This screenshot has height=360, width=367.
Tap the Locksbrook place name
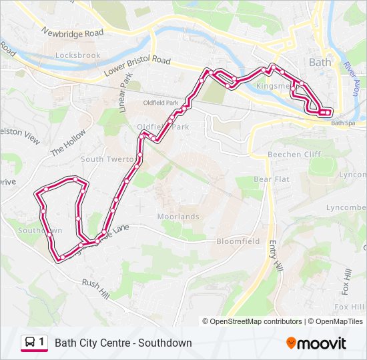tap(78, 55)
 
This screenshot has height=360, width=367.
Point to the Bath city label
tap(320, 61)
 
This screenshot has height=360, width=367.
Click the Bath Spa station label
tap(344, 123)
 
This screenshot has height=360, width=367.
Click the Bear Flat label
tap(272, 179)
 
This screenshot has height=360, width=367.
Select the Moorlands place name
tap(178, 217)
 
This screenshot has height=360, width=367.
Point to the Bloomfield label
tap(238, 241)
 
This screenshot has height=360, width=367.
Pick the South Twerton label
tap(107, 159)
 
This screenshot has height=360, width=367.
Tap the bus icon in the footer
tap(30, 343)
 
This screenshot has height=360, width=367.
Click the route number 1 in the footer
tap(42, 342)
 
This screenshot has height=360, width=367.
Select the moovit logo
tap(316, 343)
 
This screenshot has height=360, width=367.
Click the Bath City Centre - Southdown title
tap(123, 343)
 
